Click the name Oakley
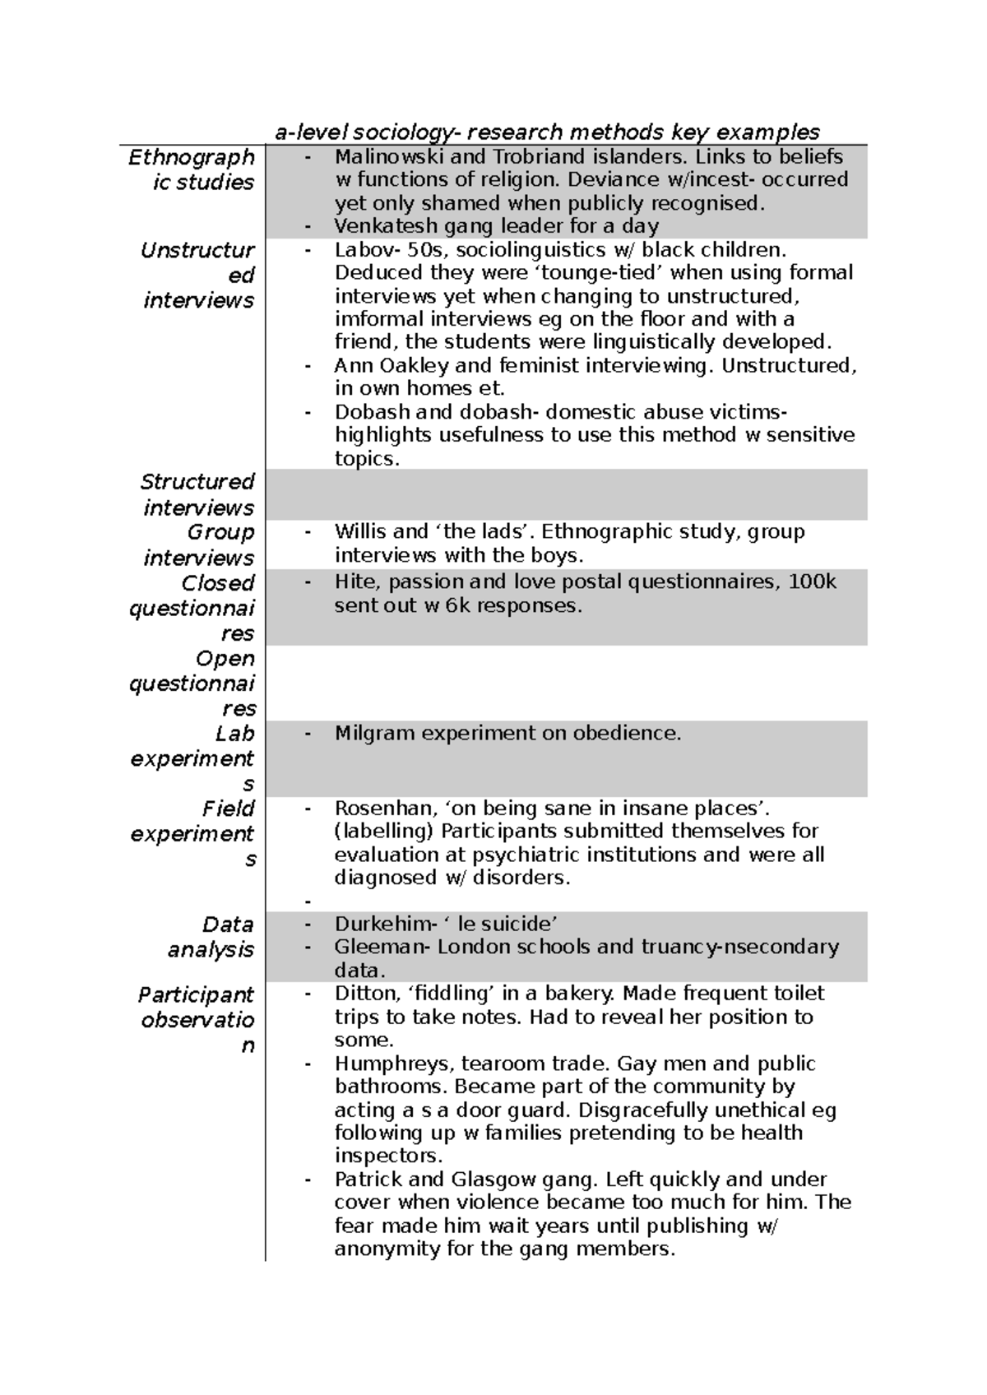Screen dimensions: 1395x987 click(413, 365)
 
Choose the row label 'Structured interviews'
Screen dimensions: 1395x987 click(197, 494)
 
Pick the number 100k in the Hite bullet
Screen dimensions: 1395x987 click(812, 582)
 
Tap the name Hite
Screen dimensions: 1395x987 click(354, 582)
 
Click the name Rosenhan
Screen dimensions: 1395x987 click(375, 809)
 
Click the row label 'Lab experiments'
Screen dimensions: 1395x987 click(192, 758)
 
